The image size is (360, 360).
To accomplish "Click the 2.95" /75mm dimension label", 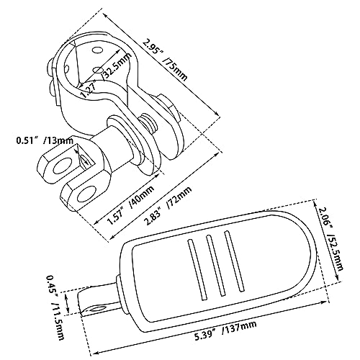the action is coord(165,60).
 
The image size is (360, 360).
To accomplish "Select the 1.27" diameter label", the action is coord(88,89).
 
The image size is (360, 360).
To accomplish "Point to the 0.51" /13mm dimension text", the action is coord(45,140).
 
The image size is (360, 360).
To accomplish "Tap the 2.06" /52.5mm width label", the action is coord(330,238).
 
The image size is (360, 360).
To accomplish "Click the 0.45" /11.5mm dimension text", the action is coord(55,307).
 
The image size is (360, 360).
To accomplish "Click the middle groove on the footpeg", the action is coord(215,265).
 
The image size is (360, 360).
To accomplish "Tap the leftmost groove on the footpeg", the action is coord(197,269).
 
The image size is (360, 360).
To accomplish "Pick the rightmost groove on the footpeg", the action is coord(235,261).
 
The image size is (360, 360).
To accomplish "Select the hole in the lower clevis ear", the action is coord(87,193).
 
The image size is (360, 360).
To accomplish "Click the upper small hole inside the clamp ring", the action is coord(97,50).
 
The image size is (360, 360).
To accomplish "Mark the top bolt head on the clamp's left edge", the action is coord(50,66).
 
